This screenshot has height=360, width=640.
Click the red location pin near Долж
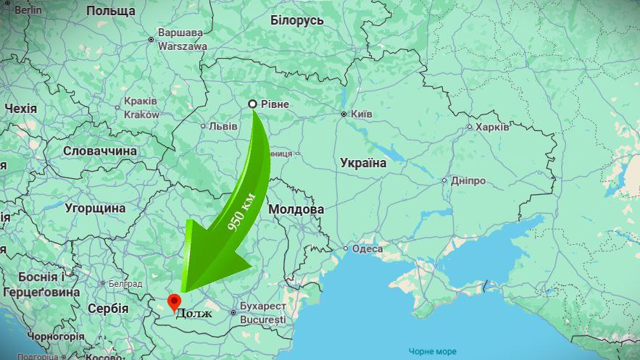(174, 301)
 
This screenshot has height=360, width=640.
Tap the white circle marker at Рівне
(252, 104)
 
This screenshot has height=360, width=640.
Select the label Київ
(361, 114)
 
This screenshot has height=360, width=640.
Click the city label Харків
(492, 127)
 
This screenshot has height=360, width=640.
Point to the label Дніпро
(467, 180)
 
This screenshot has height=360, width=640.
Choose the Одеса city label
(367, 248)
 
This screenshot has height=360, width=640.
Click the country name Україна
(363, 163)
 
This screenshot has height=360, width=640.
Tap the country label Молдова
(296, 209)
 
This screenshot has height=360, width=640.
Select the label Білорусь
(297, 20)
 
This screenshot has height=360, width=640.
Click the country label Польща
(110, 11)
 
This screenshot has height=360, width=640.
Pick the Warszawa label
(182, 46)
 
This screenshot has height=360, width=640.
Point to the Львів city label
(223, 126)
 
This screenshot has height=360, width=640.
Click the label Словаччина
(100, 151)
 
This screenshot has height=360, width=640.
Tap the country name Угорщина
(95, 209)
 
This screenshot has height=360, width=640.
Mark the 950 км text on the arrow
(241, 212)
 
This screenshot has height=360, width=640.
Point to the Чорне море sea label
(433, 351)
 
